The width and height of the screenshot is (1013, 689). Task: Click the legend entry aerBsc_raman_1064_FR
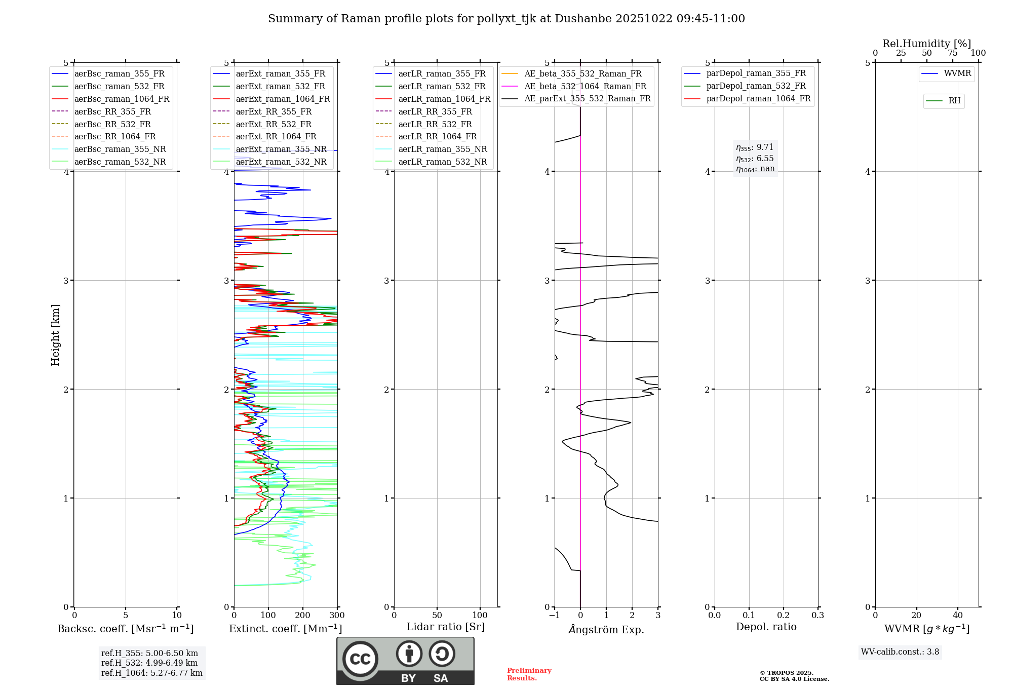tap(122, 99)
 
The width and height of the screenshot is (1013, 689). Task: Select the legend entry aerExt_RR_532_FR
tap(274, 124)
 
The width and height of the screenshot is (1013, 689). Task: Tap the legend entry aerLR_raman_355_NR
tap(442, 149)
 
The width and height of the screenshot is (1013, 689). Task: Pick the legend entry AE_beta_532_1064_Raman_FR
tap(585, 87)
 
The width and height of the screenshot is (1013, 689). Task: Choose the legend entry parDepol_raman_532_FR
tap(756, 86)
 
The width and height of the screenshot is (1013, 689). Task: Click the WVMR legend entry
tap(957, 74)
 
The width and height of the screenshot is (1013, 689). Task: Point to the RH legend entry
tap(954, 101)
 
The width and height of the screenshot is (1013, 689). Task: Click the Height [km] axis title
tap(55, 335)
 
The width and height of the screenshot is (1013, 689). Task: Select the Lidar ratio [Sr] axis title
tap(446, 627)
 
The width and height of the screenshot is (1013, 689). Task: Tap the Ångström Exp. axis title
tap(606, 630)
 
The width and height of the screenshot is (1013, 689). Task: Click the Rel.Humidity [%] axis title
tap(926, 44)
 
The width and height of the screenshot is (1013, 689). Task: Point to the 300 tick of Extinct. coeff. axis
tap(337, 616)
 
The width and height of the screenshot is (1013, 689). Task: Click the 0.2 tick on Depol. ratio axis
tap(784, 616)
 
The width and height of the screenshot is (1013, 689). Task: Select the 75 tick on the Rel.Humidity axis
tap(953, 53)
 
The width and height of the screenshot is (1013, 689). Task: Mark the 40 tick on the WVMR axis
tap(958, 616)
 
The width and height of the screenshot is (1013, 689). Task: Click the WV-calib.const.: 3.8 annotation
tap(900, 652)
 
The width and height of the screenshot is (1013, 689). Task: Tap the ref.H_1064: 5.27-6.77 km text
tap(152, 673)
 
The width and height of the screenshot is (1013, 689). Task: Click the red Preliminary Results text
tap(529, 674)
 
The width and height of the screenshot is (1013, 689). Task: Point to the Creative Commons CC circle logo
tap(360, 659)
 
